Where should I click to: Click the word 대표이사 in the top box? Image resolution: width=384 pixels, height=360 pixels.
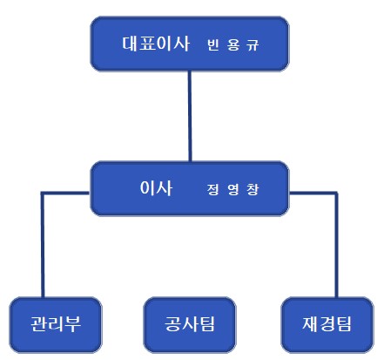pos(156,44)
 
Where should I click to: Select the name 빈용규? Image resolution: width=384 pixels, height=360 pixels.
pos(232,44)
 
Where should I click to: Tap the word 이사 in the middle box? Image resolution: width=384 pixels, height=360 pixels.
pos(156,187)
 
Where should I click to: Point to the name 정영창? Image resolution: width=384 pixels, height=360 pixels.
pos(232,189)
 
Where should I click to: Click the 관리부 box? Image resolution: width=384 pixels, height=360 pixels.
pos(56,324)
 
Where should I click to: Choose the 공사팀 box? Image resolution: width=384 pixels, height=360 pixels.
pos(190,324)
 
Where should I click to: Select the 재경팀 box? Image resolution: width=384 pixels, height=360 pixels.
pos(327,324)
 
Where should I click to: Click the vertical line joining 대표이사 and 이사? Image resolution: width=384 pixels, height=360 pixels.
pos(190,116)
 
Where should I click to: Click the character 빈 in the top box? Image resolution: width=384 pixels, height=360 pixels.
pos(213,44)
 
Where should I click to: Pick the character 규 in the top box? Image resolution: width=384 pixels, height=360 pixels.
pos(253,45)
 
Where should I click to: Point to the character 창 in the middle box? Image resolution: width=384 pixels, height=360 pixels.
pos(253,189)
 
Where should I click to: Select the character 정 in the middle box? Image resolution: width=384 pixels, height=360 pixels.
pos(213,189)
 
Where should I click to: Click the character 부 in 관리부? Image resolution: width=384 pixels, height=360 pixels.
pos(73,323)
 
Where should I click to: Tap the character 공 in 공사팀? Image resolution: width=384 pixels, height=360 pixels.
pos(173,323)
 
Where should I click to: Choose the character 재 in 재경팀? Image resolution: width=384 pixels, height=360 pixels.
pos(311,323)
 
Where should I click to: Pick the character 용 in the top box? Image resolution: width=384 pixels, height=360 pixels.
pos(233,45)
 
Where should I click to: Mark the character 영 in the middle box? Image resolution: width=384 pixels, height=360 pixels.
pos(233,189)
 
